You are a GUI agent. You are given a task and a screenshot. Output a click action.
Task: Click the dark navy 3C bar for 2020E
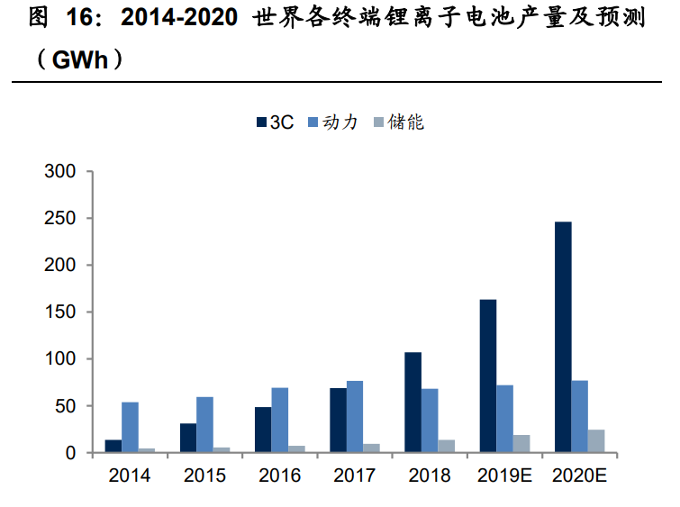[563, 337]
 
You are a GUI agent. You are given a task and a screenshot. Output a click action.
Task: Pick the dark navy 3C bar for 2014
[113, 447]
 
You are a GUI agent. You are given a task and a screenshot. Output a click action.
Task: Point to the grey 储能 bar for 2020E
[596, 441]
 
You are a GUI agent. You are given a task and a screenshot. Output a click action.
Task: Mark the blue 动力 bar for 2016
[280, 421]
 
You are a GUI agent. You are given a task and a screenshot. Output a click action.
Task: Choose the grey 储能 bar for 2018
[446, 447]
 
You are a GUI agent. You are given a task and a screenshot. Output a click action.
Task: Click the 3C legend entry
[275, 122]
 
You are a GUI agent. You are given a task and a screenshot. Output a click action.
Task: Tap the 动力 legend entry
[333, 122]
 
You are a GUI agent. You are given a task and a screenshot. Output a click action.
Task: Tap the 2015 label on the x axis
[205, 475]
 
